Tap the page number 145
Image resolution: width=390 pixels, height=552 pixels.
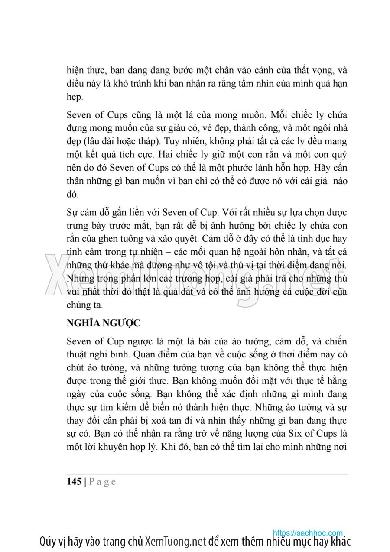coord(74,482)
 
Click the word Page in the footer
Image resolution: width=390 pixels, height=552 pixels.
coord(103,482)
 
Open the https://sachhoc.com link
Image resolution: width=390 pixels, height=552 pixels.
coord(308,533)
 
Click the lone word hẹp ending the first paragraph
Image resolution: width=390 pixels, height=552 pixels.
coord(74,97)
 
